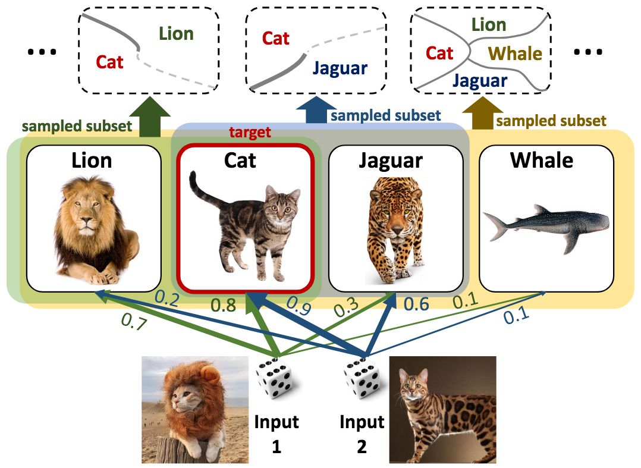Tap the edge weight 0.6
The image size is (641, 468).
(x=416, y=304)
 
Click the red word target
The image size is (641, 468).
(x=250, y=133)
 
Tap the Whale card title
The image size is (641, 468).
(x=542, y=161)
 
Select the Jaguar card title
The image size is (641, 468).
(x=391, y=161)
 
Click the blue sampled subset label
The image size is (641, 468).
(x=385, y=115)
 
